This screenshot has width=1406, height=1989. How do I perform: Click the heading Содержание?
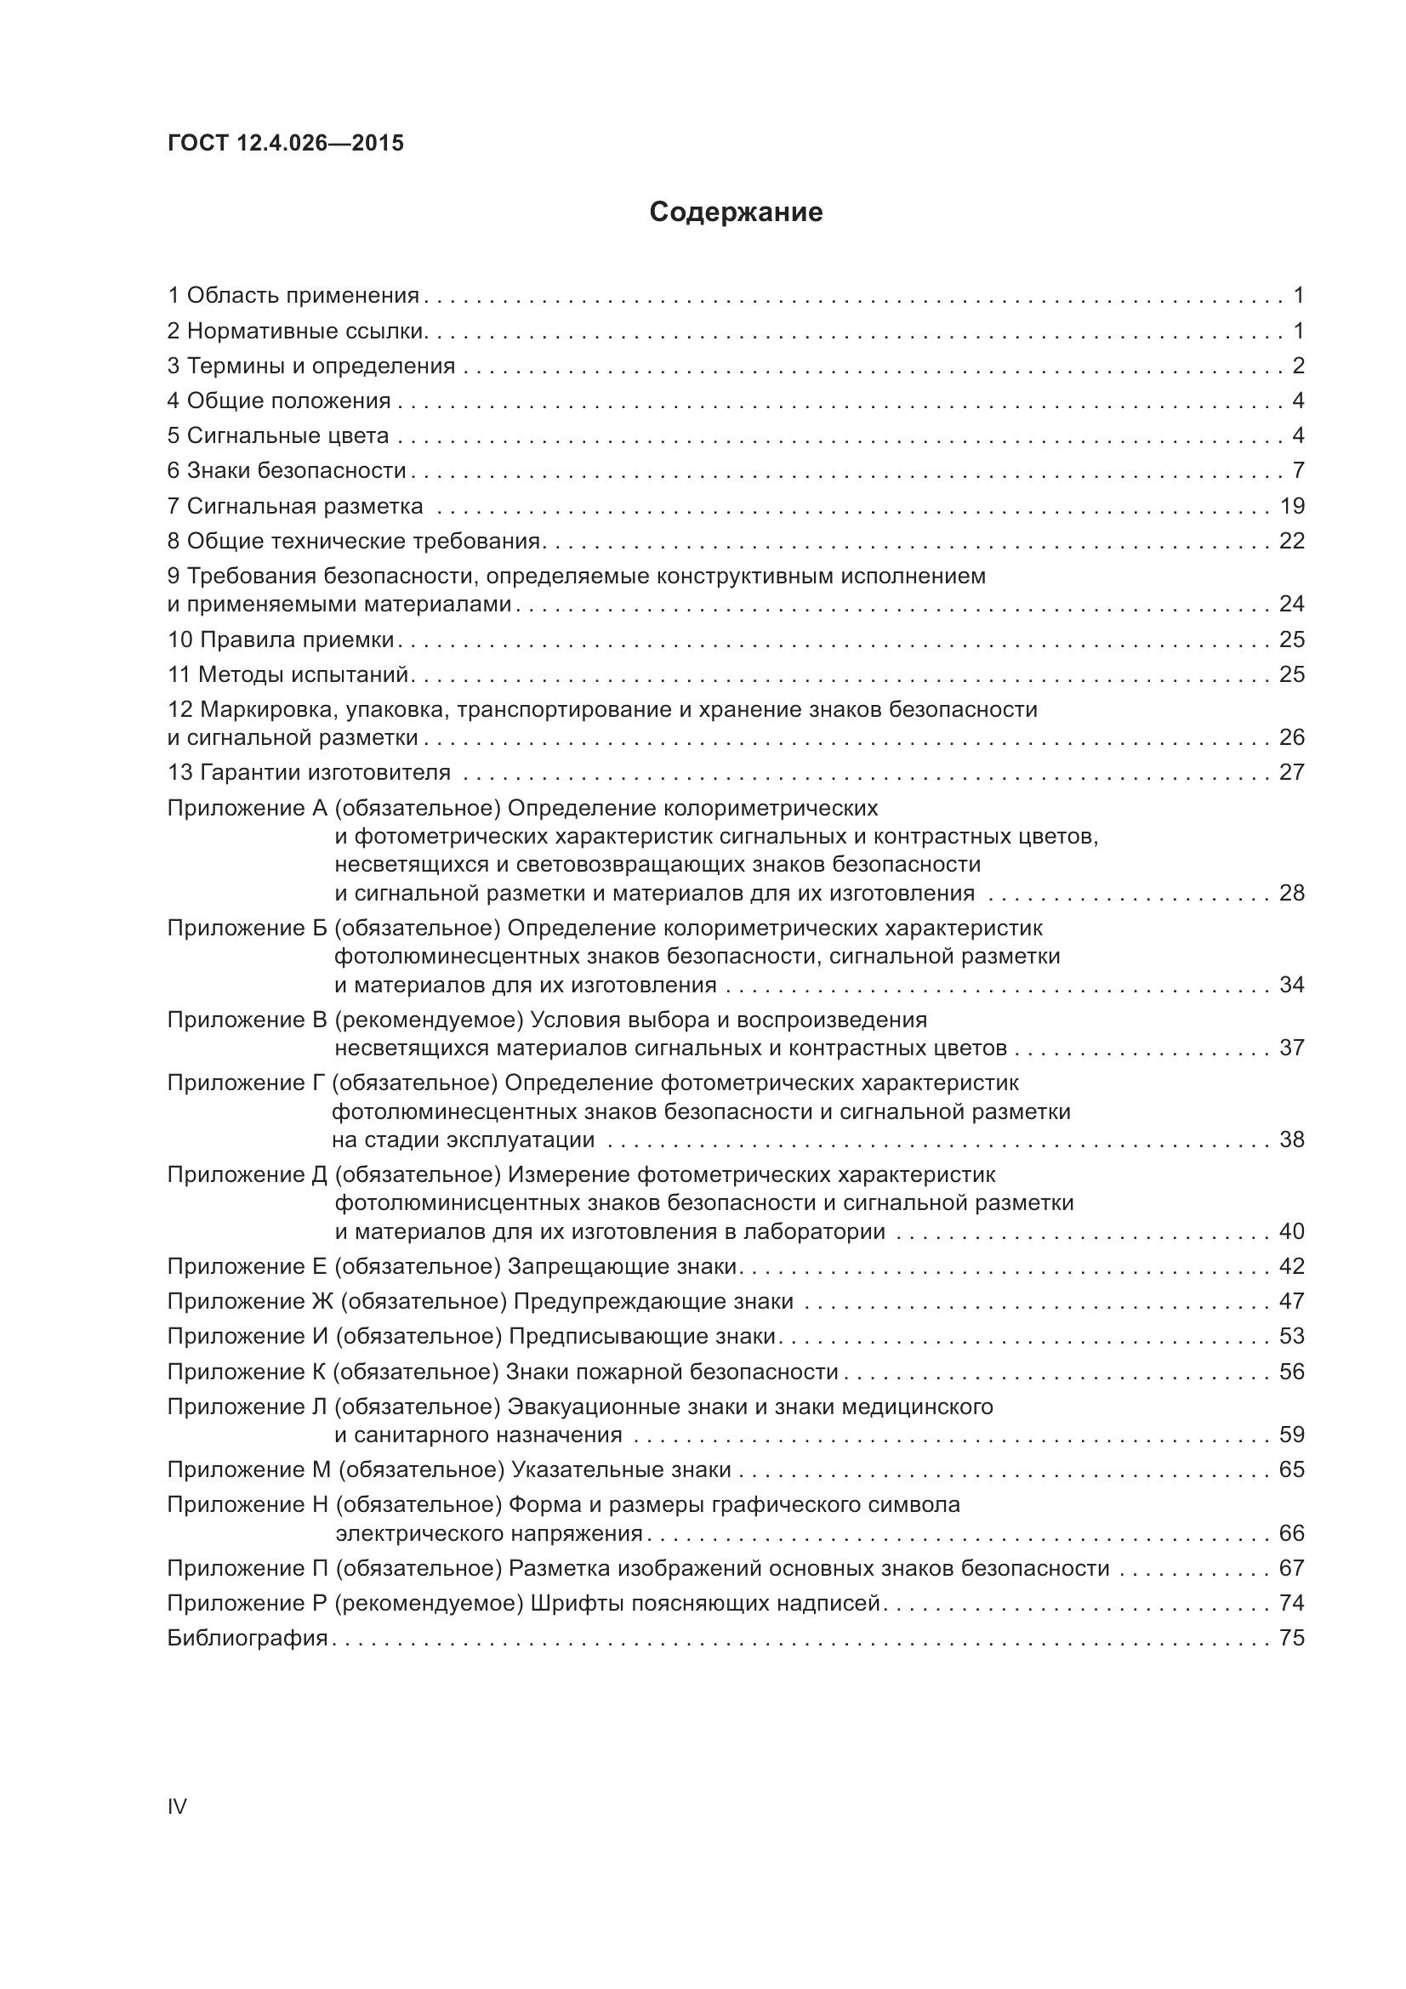coord(736,213)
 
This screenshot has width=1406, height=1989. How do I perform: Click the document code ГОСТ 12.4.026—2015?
coord(285,143)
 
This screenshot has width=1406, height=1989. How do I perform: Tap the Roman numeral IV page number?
coord(177,1806)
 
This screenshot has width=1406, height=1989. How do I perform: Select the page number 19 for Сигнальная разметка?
coord(1291,506)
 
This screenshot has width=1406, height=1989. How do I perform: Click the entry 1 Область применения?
coord(293,296)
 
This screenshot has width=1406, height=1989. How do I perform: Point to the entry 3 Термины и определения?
coord(311,367)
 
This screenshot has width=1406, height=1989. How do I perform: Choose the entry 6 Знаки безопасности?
coord(287,471)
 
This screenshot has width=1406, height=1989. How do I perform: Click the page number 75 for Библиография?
coord(1291,1638)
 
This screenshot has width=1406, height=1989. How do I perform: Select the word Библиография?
coord(247,1638)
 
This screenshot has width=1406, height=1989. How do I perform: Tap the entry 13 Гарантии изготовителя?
coord(309,773)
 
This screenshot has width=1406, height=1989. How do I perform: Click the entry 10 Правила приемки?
coord(281,640)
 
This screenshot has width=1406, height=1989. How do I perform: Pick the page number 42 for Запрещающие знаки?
coord(1291,1266)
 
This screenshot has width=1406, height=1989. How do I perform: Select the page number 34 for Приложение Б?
coord(1291,985)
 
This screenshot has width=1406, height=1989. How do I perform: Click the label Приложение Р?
coord(247,1604)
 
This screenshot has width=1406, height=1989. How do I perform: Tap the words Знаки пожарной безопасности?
coord(671,1372)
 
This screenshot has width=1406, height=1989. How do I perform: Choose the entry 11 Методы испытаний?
coord(287,675)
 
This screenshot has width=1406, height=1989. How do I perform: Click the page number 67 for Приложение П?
coord(1291,1568)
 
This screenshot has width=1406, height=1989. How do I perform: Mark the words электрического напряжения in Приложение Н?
coord(488,1533)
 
